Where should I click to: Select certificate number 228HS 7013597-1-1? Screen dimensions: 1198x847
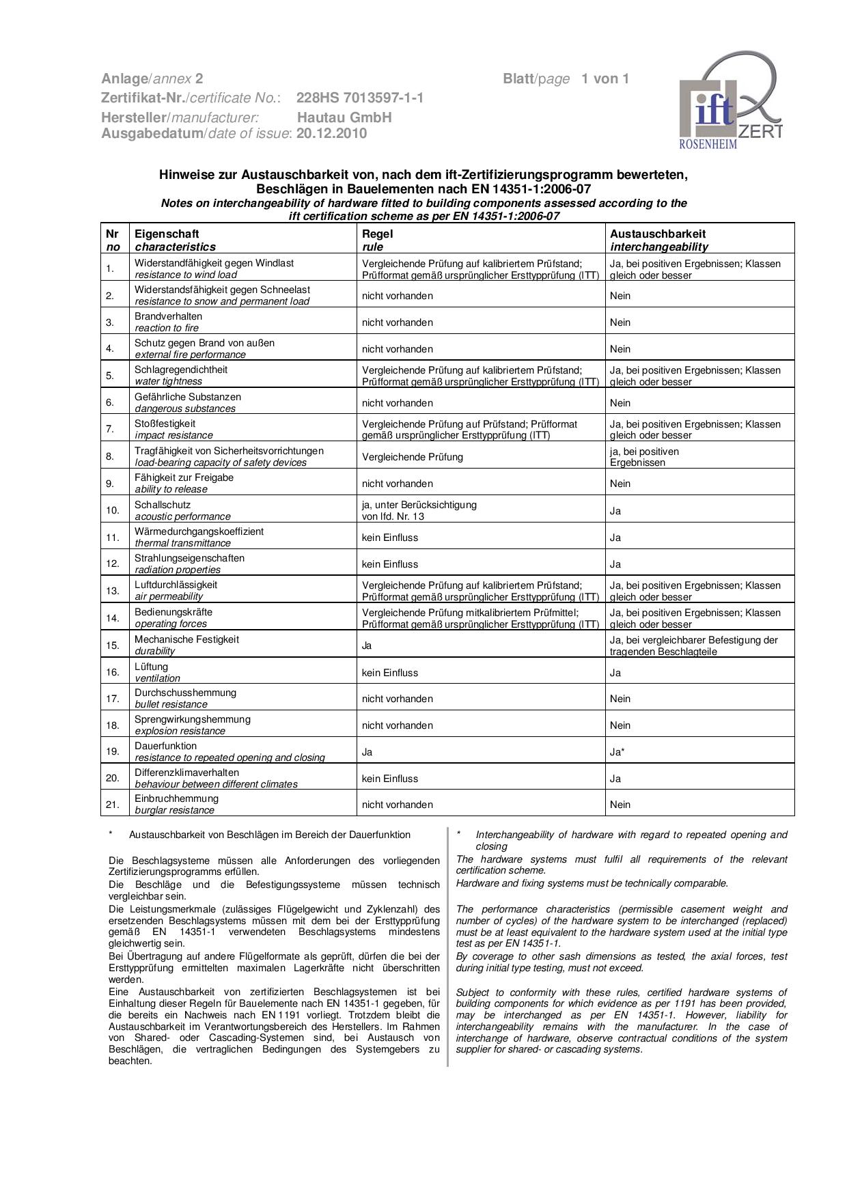pos(360,98)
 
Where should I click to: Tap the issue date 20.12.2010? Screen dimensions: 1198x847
pos(331,133)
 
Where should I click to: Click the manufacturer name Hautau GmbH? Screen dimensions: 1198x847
pos(344,117)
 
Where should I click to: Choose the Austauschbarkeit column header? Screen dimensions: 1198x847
pos(657,234)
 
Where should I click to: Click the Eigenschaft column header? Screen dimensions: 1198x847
pos(167,234)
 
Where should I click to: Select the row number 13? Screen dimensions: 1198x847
pos(113,591)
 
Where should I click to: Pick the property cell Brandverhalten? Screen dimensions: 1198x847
pos(168,322)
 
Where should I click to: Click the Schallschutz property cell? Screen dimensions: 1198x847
pos(163,510)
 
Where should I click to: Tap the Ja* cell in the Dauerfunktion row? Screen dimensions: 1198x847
pos(617,752)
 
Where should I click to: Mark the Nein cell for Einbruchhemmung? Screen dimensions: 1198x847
pos(620,805)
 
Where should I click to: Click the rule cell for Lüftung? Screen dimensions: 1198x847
pos(390,673)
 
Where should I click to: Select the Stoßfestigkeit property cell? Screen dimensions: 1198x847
pos(165,429)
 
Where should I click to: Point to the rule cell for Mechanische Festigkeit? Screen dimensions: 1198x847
pos(367,645)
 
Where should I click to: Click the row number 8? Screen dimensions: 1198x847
pos(110,456)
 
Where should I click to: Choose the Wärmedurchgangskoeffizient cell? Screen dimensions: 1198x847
pos(199,537)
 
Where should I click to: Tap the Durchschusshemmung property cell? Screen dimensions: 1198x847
pos(185,698)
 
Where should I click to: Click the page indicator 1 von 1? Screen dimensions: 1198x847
pos(605,79)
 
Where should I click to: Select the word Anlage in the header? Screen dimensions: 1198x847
pos(124,79)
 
